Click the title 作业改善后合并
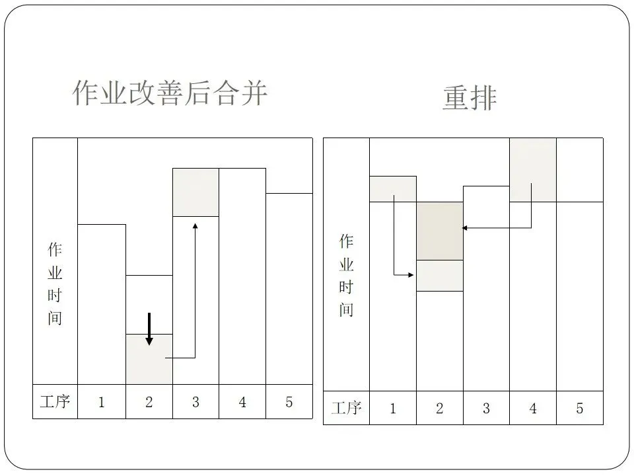170,93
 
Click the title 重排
470,98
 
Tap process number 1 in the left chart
101,402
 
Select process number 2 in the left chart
149,402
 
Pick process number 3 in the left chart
195,402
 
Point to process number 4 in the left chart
242,402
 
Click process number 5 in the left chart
289,402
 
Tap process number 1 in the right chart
392,409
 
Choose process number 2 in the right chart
439,409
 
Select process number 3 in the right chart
486,409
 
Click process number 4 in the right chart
533,409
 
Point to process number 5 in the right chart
580,409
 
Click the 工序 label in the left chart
55,402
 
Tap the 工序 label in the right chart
346,409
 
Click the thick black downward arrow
149,329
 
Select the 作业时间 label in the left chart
55,284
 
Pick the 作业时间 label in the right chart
346,276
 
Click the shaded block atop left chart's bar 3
195,192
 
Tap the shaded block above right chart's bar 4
533,170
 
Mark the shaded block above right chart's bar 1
393,188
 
